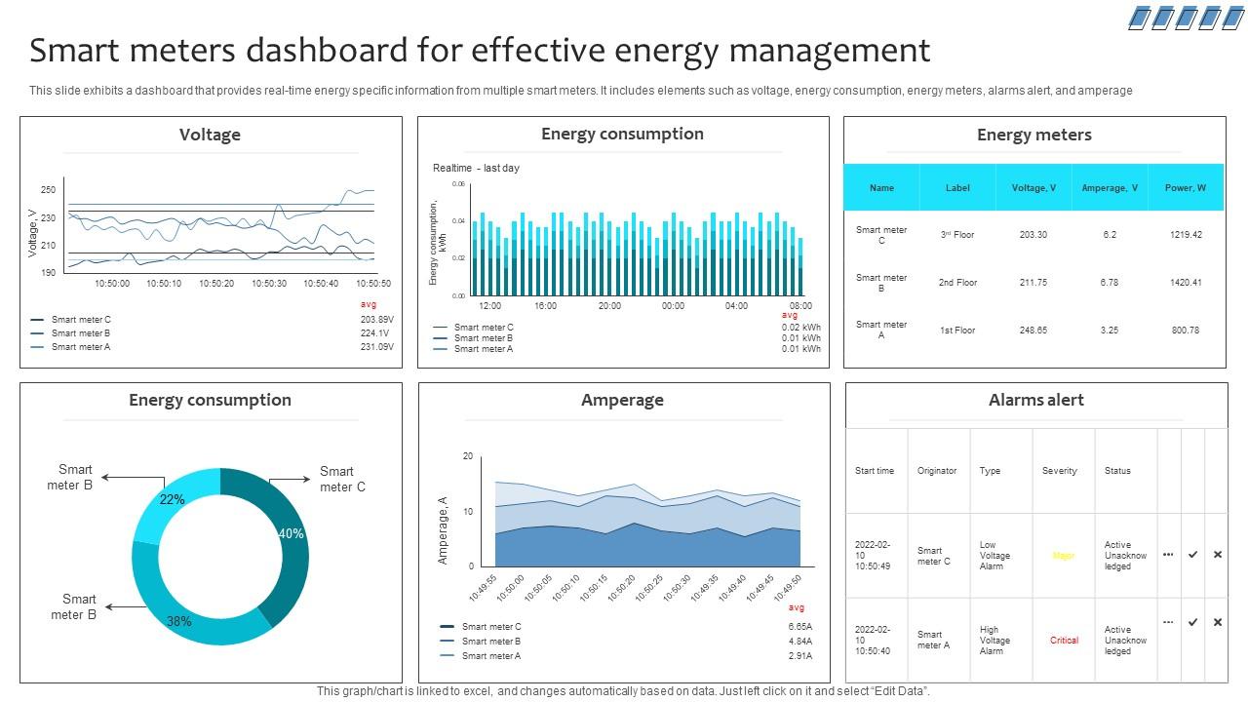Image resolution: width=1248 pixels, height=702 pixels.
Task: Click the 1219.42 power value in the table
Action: pyautogui.click(x=1185, y=235)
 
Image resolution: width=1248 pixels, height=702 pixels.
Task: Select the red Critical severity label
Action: pyautogui.click(x=1064, y=641)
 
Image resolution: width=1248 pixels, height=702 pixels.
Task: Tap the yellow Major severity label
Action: pyautogui.click(x=1063, y=556)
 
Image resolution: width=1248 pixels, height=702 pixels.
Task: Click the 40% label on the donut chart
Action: pyautogui.click(x=292, y=533)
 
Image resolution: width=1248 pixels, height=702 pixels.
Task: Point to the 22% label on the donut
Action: pyautogui.click(x=172, y=499)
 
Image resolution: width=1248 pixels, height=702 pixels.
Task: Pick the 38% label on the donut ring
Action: pyautogui.click(x=178, y=621)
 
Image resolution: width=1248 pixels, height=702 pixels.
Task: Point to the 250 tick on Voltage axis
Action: pyautogui.click(x=48, y=190)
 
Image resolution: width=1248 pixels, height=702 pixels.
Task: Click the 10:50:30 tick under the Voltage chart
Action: pyautogui.click(x=269, y=284)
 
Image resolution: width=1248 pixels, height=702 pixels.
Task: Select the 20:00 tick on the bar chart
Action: pyautogui.click(x=609, y=306)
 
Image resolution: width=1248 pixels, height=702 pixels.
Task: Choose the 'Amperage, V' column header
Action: pyautogui.click(x=1110, y=188)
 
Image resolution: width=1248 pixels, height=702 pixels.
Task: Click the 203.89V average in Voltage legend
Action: pyautogui.click(x=376, y=320)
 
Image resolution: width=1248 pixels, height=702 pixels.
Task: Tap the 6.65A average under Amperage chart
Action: pyautogui.click(x=799, y=627)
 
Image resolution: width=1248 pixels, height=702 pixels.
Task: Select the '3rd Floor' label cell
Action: pyautogui.click(x=957, y=235)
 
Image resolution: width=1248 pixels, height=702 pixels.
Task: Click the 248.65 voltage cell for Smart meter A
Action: pyautogui.click(x=1033, y=331)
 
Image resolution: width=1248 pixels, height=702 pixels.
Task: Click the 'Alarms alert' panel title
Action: pyautogui.click(x=1035, y=400)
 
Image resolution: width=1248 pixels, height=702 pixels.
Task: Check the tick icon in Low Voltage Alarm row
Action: pyautogui.click(x=1192, y=555)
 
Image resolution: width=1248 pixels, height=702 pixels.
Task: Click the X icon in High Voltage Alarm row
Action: pyautogui.click(x=1217, y=622)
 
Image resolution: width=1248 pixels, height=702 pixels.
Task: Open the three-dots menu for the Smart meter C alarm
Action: pyautogui.click(x=1168, y=555)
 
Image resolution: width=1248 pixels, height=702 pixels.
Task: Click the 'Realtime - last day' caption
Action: pyautogui.click(x=476, y=168)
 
